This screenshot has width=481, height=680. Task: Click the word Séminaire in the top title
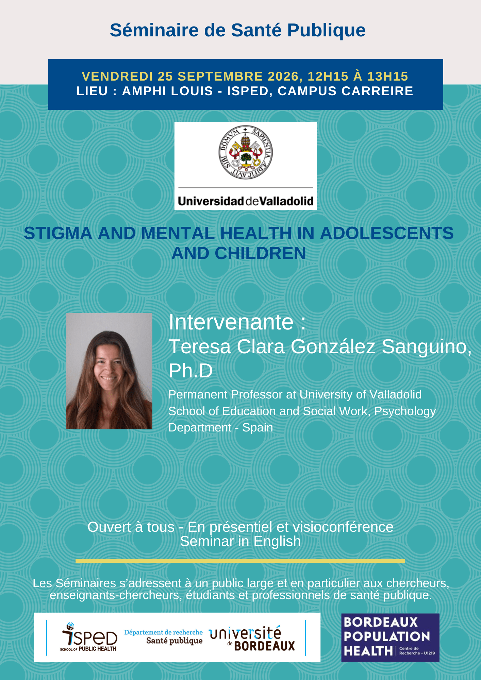pyautogui.click(x=154, y=30)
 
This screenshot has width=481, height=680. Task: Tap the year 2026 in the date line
pyautogui.click(x=284, y=76)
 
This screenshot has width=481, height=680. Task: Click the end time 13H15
pyautogui.click(x=387, y=76)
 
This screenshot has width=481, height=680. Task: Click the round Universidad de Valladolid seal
pyautogui.click(x=245, y=152)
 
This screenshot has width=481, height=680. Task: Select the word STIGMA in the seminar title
pyautogui.click(x=58, y=233)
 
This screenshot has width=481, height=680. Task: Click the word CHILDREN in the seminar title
pyautogui.click(x=260, y=253)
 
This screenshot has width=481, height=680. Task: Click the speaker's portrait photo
pyautogui.click(x=109, y=371)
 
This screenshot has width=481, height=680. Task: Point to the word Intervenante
pyautogui.click(x=231, y=322)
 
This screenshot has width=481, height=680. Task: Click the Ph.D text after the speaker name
pyautogui.click(x=190, y=371)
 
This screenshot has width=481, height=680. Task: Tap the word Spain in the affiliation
pyautogui.click(x=258, y=427)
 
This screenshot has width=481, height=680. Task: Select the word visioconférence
pyautogui.click(x=343, y=527)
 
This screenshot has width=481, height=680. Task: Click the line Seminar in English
pyautogui.click(x=240, y=541)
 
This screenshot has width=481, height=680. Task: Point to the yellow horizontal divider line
pyautogui.click(x=240, y=561)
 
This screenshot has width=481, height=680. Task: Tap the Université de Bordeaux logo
pyautogui.click(x=252, y=639)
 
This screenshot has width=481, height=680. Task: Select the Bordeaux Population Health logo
pyautogui.click(x=390, y=637)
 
